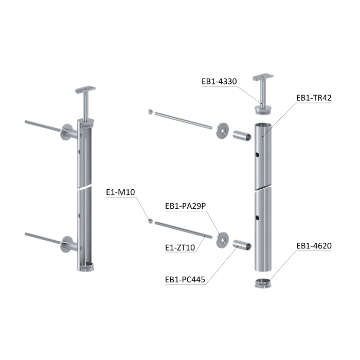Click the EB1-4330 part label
click(x=219, y=81)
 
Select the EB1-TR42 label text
click(x=314, y=98)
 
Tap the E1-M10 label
click(x=120, y=192)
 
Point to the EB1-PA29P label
click(x=186, y=206)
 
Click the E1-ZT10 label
click(x=180, y=247)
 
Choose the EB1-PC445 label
click(x=185, y=280)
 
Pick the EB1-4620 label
click(x=314, y=246)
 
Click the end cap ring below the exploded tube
click(x=263, y=283)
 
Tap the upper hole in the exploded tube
click(x=257, y=155)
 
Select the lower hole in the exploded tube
click(x=257, y=218)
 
